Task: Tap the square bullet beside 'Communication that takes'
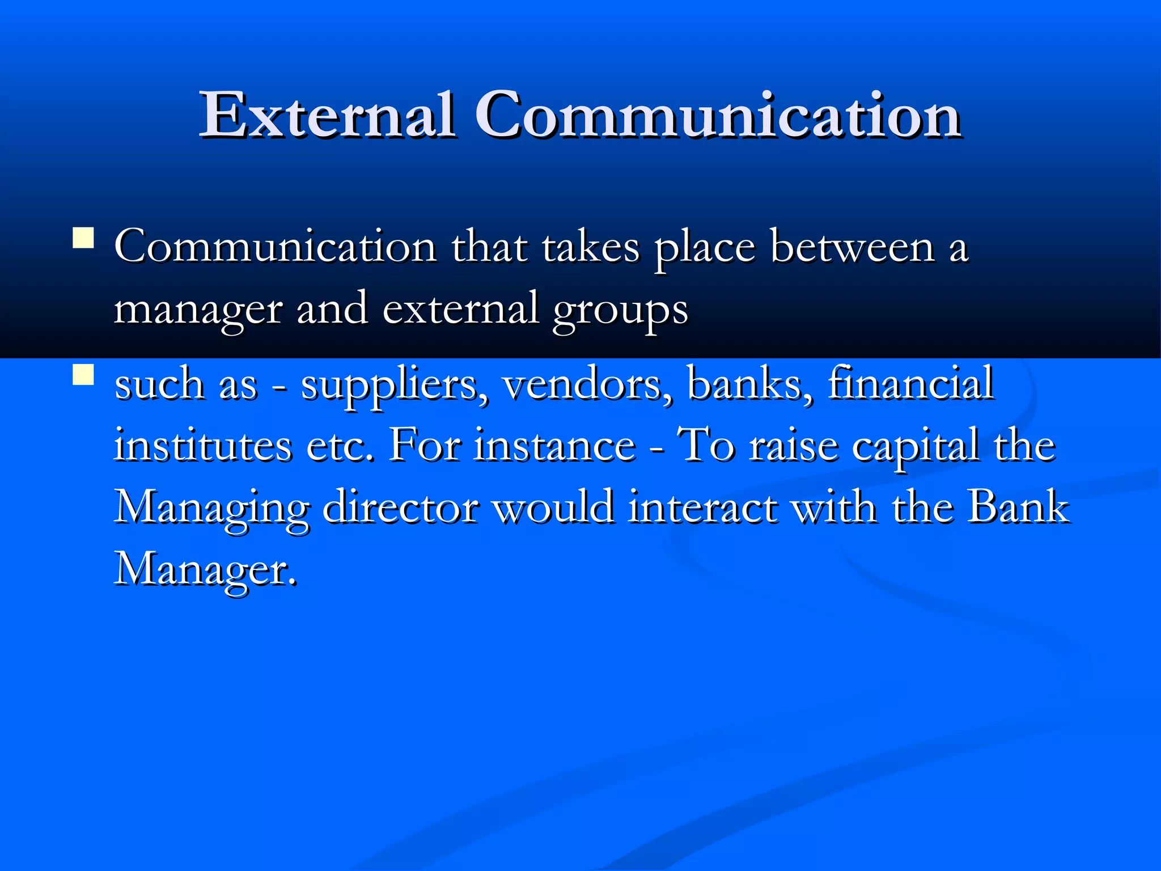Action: tap(83, 238)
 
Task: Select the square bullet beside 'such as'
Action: tap(83, 375)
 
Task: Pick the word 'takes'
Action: tap(591, 248)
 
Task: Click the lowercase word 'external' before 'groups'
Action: tap(461, 310)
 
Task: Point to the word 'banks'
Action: tap(749, 384)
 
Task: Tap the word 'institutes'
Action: tap(203, 446)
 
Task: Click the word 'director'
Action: tap(400, 507)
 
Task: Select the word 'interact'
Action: tap(703, 507)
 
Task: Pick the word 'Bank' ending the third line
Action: tap(1018, 507)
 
